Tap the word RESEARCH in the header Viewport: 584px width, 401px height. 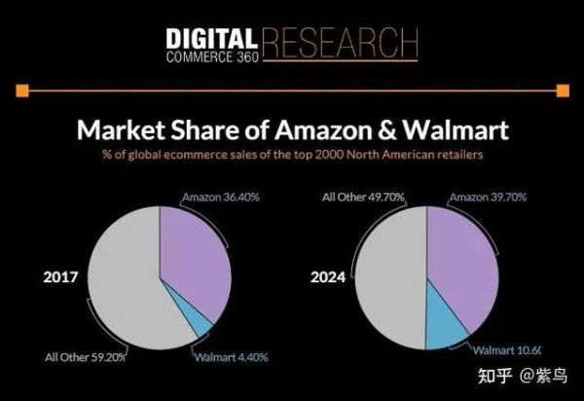pyautogui.click(x=339, y=42)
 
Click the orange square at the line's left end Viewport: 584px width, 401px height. pyautogui.click(x=21, y=91)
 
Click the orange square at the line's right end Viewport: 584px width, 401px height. pyautogui.click(x=562, y=91)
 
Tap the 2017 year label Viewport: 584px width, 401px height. pyautogui.click(x=60, y=277)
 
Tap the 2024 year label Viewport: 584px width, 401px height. pyautogui.click(x=329, y=277)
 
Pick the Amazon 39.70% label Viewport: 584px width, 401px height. pyautogui.click(x=488, y=198)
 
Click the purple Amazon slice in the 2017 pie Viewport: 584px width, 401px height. pyautogui.click(x=193, y=258)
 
